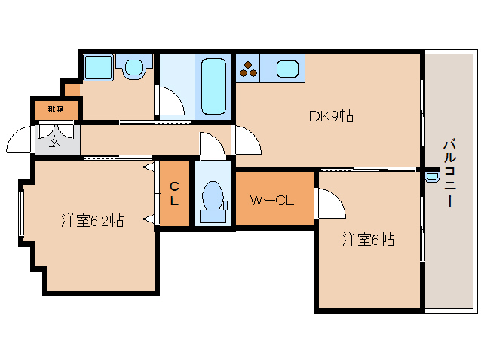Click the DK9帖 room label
click(x=332, y=116)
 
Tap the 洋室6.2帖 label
click(x=93, y=220)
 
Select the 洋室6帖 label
click(x=368, y=240)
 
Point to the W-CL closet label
click(x=271, y=201)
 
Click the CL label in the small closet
click(x=174, y=194)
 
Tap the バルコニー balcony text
click(x=449, y=173)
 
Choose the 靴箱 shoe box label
click(x=55, y=109)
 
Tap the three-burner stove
click(x=250, y=70)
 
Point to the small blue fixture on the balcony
click(x=431, y=178)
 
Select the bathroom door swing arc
click(x=170, y=101)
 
